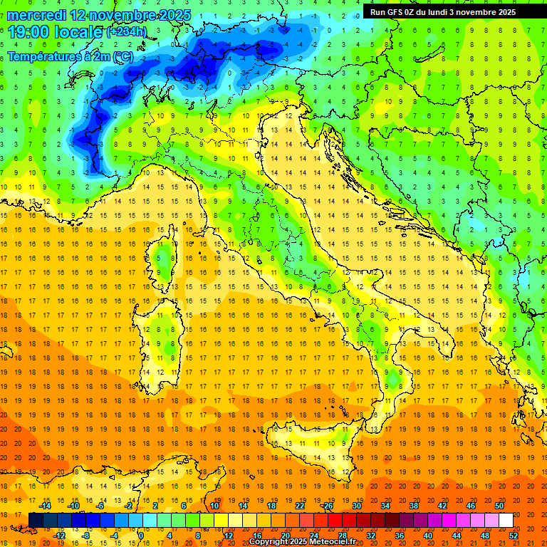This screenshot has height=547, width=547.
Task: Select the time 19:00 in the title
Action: [x=29, y=32]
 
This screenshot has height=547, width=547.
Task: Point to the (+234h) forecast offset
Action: [x=127, y=32]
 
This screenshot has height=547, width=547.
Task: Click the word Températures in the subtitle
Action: [x=45, y=57]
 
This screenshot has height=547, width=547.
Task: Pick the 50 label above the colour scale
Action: [x=499, y=506]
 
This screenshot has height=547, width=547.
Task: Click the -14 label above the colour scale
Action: [x=46, y=506]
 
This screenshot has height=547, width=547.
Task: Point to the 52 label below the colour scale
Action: [x=514, y=536]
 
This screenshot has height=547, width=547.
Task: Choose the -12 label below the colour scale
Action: [x=59, y=536]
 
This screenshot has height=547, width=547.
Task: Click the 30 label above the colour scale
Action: [x=357, y=506]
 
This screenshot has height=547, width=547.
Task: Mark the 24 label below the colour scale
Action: [x=314, y=536]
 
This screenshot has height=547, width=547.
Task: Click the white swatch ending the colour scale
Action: [x=506, y=521]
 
